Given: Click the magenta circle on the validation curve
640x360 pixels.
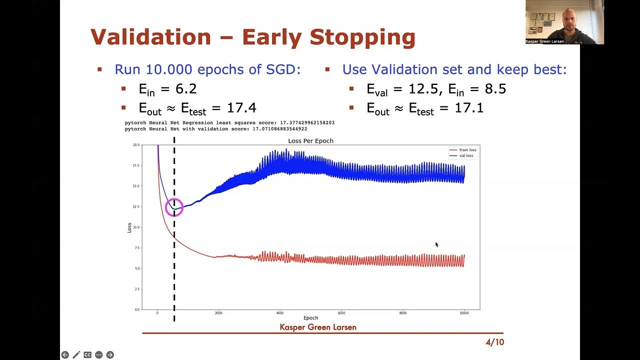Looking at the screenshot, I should (x=174, y=207).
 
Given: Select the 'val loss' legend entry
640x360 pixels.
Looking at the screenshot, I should (x=466, y=155).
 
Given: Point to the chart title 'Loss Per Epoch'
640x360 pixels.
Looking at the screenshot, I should (x=310, y=141).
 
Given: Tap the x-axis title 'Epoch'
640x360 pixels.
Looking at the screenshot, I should (x=310, y=318).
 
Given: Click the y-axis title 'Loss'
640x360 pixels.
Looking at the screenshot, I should (x=129, y=227).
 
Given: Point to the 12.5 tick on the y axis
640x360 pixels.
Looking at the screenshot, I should (x=136, y=206).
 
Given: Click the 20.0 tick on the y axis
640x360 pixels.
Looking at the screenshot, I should (x=136, y=145).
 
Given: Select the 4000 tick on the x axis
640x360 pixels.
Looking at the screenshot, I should (x=280, y=313).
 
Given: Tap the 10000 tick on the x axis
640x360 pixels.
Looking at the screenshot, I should (x=464, y=313).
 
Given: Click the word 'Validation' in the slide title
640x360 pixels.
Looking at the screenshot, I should (x=151, y=37).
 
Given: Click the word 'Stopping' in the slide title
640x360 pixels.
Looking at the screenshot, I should (x=362, y=37).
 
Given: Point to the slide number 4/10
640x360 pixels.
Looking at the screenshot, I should (x=494, y=342).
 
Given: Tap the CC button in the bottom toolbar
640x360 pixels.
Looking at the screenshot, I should (x=87, y=355).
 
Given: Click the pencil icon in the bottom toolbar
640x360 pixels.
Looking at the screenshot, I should (x=76, y=355).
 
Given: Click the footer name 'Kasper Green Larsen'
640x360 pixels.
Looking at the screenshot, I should (x=318, y=327).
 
